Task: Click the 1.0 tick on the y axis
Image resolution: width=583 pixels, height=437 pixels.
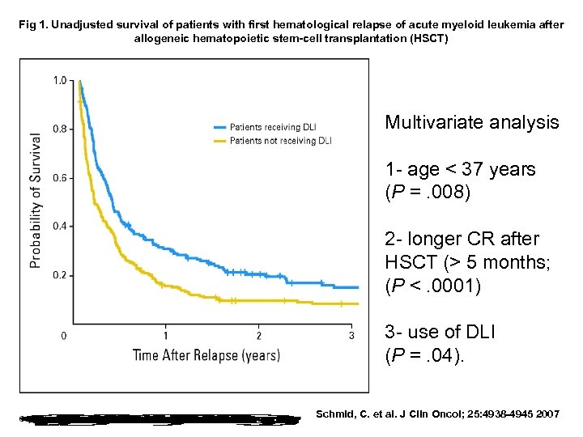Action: click(60, 80)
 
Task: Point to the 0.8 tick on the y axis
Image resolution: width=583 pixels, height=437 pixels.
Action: click(60, 129)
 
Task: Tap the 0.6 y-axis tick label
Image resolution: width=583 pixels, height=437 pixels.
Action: click(60, 178)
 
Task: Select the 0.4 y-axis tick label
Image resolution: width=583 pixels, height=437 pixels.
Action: click(60, 227)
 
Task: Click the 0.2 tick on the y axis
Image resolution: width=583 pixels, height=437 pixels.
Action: click(60, 275)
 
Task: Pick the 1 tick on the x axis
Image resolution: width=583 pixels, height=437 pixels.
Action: click(166, 335)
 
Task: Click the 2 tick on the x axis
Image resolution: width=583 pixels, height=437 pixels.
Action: click(258, 335)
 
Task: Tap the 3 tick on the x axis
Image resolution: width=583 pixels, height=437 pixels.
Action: click(351, 335)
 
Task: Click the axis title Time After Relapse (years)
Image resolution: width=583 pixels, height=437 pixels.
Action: click(206, 354)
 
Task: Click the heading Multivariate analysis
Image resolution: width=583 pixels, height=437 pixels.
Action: click(471, 122)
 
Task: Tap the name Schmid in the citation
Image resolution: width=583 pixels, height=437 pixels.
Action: click(334, 414)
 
